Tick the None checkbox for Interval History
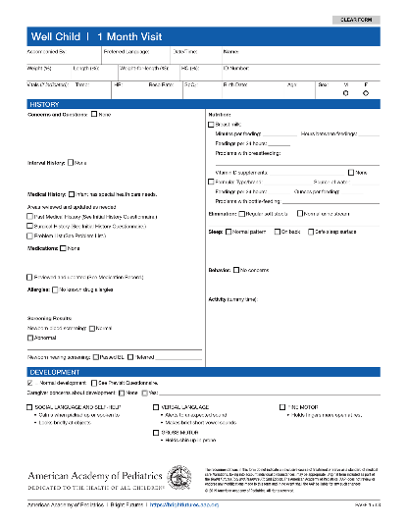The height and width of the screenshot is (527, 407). coord(69,162)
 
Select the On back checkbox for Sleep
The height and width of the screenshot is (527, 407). coord(275,232)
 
